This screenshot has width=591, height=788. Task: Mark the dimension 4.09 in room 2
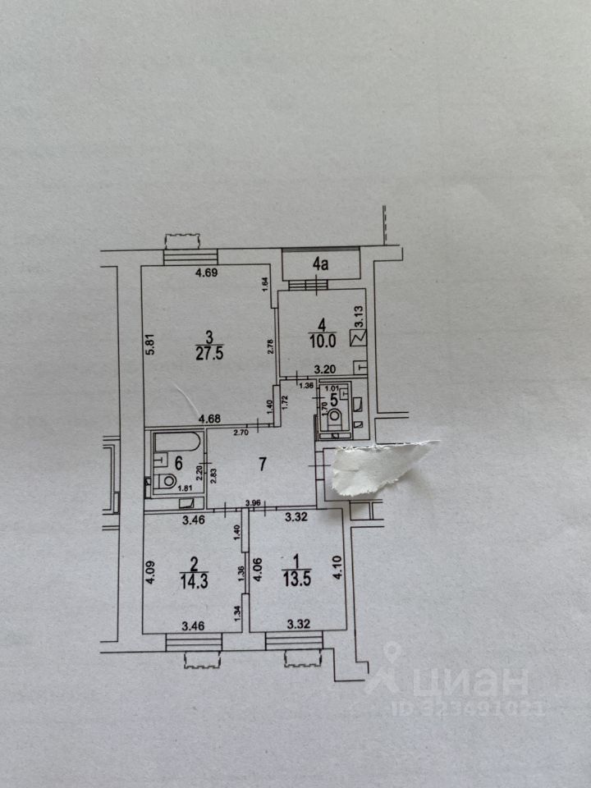click(151, 571)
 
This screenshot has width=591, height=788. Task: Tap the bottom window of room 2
click(194, 643)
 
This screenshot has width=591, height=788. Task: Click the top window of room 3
click(181, 257)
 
